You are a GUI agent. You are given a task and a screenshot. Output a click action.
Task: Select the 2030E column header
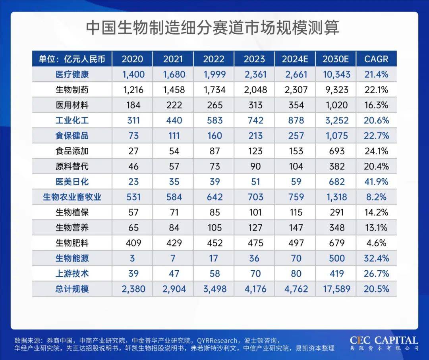(x=336, y=59)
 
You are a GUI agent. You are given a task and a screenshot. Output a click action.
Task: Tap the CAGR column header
(x=376, y=59)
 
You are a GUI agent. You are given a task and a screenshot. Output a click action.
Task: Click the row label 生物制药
(x=72, y=90)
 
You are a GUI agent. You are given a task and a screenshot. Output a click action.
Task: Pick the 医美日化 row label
(x=72, y=182)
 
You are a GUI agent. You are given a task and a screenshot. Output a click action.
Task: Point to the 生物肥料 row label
(x=72, y=243)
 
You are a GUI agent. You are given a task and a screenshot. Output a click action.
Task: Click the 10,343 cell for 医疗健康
(x=336, y=74)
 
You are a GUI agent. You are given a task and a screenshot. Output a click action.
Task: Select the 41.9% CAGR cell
(x=376, y=182)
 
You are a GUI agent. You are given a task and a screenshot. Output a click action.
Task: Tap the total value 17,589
(x=336, y=289)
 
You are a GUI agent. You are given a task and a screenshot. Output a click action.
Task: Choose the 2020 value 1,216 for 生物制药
(x=133, y=90)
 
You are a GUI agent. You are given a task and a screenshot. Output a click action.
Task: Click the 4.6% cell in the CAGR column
(x=376, y=243)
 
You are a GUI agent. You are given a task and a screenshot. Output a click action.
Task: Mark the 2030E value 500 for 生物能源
(x=336, y=258)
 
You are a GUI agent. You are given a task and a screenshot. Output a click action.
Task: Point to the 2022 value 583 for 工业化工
(x=214, y=120)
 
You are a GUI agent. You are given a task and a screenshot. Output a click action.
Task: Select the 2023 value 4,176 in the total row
(x=254, y=289)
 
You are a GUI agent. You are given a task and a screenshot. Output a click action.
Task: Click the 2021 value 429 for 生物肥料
(x=174, y=243)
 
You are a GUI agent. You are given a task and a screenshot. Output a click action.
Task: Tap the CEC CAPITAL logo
(x=384, y=343)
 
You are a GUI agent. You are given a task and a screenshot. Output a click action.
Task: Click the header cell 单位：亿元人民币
(x=72, y=59)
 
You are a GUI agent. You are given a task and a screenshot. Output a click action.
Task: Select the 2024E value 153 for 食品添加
(x=295, y=151)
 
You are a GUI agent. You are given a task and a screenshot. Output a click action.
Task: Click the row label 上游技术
(x=72, y=273)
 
